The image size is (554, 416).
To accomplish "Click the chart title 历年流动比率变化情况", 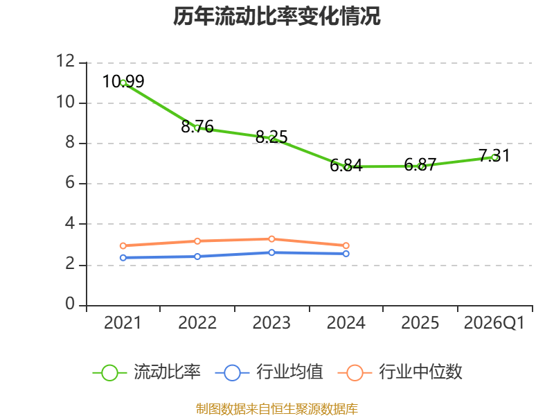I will coord(277,17).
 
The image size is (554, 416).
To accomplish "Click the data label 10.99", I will coord(123,81).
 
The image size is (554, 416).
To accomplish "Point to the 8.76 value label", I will coord(197,127).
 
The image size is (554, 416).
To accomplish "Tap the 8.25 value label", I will coord(271,137).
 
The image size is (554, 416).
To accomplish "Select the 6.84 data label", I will coord(346,166).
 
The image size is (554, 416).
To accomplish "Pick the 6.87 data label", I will coord(420,165).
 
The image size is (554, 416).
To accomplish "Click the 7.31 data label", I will coord(494,156).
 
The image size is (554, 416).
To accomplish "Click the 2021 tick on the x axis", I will coord(123,323).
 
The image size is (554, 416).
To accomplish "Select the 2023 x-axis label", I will coord(271,323).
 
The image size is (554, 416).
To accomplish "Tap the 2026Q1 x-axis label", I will coord(494,323).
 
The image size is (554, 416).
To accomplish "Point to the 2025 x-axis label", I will coord(420,323).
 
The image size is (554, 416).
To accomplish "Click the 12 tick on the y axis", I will coord(66,62).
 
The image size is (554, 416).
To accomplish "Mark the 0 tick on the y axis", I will coord(70,305).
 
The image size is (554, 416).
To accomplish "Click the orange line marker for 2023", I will coord(271,239).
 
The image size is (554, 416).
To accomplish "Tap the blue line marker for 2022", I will coord(197,257).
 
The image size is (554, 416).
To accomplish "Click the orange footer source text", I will coord(277,408).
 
